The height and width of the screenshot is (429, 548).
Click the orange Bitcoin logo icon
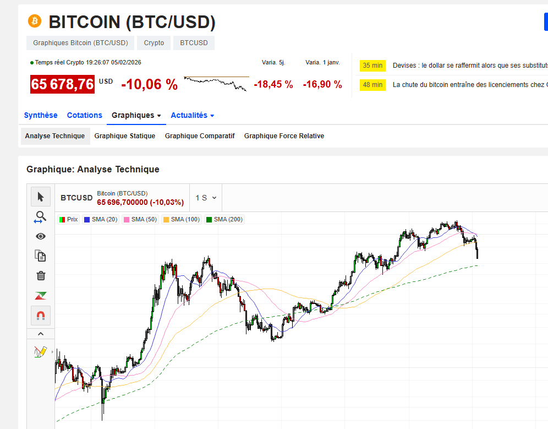pyautogui.click(x=35, y=21)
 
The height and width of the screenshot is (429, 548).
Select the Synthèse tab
pyautogui.click(x=41, y=115)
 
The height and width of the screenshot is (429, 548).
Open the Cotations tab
pyautogui.click(x=84, y=115)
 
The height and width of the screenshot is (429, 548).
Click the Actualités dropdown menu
pyautogui.click(x=192, y=115)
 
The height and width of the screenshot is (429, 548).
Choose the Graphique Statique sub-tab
pyautogui.click(x=124, y=136)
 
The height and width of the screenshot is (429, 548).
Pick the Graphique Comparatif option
pyautogui.click(x=200, y=136)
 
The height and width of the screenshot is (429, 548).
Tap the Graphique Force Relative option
pyautogui.click(x=284, y=136)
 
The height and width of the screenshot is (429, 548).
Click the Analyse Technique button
pyautogui.click(x=55, y=136)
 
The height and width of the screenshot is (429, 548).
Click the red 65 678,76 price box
pyautogui.click(x=62, y=84)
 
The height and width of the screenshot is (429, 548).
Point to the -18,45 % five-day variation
pyautogui.click(x=273, y=84)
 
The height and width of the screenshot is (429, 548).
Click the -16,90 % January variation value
pyautogui.click(x=322, y=84)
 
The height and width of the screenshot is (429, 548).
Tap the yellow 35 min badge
pyautogui.click(x=372, y=66)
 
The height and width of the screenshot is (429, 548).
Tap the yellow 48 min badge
pyautogui.click(x=372, y=85)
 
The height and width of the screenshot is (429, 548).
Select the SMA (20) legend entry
pyautogui.click(x=101, y=219)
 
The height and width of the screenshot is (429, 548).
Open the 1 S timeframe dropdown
pyautogui.click(x=206, y=198)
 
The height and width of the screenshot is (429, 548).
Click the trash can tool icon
pyautogui.click(x=41, y=276)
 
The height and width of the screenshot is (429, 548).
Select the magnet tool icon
pyautogui.click(x=41, y=316)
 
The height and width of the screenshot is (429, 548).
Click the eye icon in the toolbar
pyautogui.click(x=41, y=236)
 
